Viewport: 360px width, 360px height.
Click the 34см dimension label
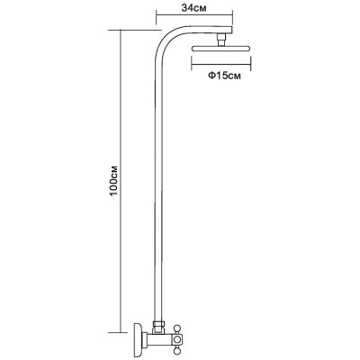pos(194,8)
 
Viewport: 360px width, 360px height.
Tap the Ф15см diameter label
pos(225,76)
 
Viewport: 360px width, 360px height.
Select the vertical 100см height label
pos(114,180)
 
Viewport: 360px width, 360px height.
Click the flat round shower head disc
pos(220,49)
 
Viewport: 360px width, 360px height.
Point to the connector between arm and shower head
pos(221,40)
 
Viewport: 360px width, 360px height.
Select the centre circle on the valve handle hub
pos(177,339)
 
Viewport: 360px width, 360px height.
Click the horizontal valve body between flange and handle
pos(159,339)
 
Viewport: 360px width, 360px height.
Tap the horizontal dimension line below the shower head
pos(220,64)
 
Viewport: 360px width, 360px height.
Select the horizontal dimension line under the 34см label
pos(194,13)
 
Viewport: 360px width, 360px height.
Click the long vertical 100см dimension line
pos(121,181)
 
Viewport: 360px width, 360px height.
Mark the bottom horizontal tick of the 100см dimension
pos(121,332)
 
